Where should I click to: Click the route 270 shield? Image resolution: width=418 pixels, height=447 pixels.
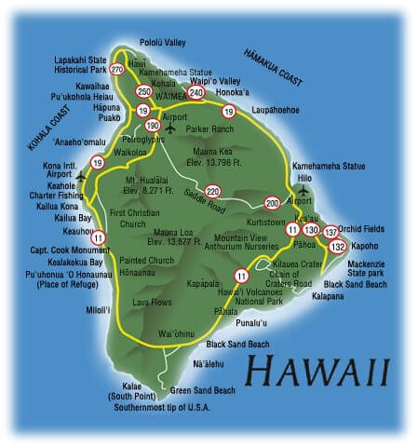coord(116,69)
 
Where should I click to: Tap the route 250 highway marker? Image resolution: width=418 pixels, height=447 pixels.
coord(143,91)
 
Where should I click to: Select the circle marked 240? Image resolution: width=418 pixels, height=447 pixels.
coord(196,92)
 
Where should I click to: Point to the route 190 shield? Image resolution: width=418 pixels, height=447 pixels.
coord(154,124)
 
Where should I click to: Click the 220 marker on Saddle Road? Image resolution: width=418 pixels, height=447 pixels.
coord(213,191)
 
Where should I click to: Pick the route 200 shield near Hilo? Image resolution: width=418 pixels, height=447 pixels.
coord(272,202)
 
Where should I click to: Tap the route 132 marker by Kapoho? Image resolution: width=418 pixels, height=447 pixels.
coord(338,246)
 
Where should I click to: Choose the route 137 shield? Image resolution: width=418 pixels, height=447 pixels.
coord(331,231)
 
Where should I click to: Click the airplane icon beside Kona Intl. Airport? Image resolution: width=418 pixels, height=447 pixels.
coord(81,174)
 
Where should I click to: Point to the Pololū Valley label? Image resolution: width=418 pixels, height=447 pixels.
coord(164,43)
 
